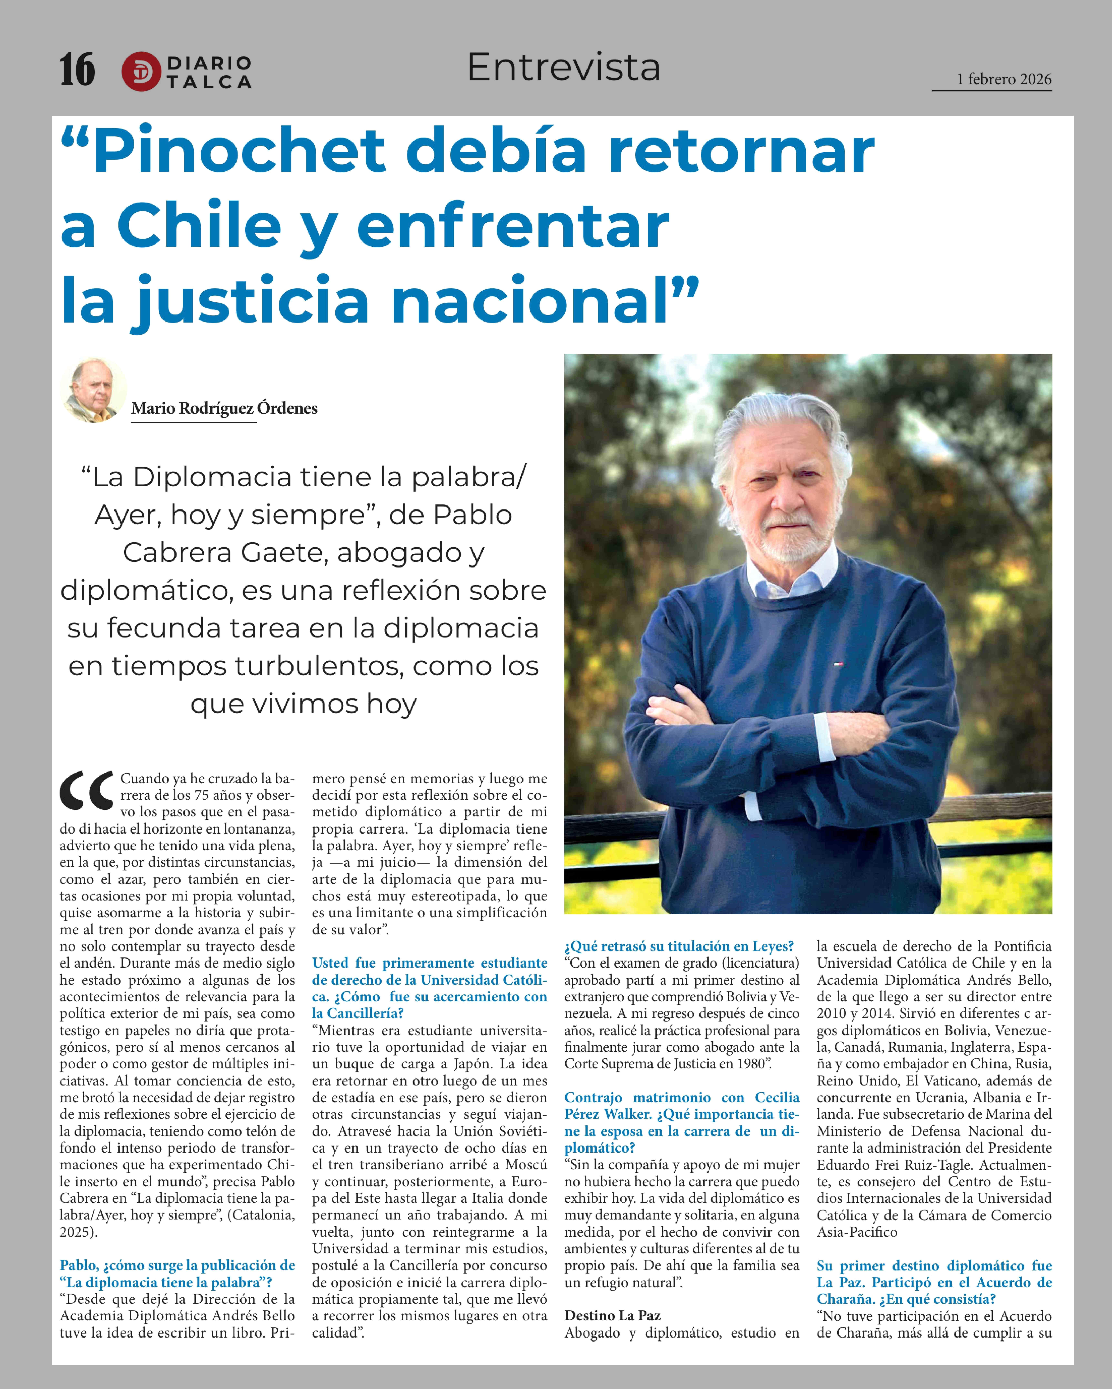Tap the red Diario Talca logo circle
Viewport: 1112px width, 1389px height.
click(x=141, y=71)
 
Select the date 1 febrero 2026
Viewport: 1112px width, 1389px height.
click(x=1004, y=79)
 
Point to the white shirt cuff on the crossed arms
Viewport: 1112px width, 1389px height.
click(x=822, y=738)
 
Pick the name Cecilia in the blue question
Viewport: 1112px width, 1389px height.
click(x=777, y=1097)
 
